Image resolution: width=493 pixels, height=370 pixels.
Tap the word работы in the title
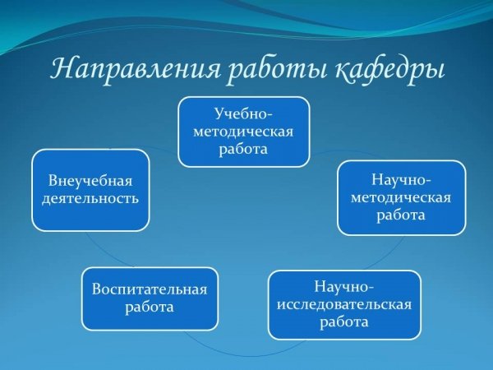click(x=277, y=70)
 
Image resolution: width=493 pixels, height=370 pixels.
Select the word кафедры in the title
click(x=389, y=71)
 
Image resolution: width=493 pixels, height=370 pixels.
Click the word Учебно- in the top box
click(x=243, y=114)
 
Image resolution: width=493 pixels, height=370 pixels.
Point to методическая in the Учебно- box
click(x=243, y=132)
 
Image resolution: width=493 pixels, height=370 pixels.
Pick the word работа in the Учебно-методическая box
click(x=243, y=149)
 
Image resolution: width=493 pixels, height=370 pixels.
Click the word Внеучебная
click(x=90, y=182)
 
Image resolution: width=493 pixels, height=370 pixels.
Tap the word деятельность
click(x=90, y=199)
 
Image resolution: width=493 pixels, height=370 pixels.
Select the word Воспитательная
click(x=150, y=289)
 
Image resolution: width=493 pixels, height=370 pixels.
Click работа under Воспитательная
click(x=150, y=307)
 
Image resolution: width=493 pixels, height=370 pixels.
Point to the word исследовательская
click(x=344, y=305)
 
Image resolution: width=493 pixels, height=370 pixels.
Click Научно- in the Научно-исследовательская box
click(x=344, y=287)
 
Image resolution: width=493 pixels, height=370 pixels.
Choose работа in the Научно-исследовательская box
click(x=344, y=322)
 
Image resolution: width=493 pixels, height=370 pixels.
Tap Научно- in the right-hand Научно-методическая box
click(x=402, y=180)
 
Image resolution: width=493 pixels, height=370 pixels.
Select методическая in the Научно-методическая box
click(x=401, y=198)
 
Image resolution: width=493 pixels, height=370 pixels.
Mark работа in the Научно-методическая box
click(x=401, y=215)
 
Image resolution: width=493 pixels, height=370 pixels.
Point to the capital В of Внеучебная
click(x=53, y=182)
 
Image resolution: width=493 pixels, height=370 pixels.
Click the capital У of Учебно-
click(x=219, y=114)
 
